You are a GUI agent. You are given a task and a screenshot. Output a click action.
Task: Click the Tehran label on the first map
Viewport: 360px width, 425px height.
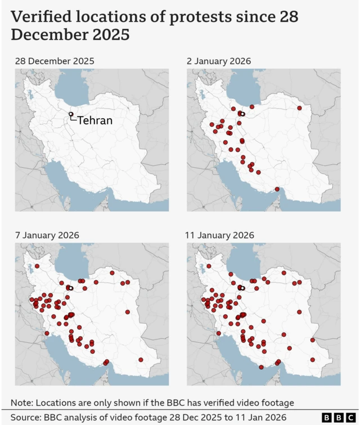click(x=94, y=120)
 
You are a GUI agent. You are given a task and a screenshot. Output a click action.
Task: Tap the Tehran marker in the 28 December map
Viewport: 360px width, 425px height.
click(x=71, y=114)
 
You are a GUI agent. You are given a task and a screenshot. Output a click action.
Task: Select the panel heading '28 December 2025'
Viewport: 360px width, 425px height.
click(x=55, y=61)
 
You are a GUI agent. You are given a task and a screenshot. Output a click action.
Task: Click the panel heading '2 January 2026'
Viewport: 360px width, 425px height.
click(x=219, y=61)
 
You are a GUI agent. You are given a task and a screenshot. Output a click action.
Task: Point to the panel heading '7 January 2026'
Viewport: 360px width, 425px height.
click(x=47, y=235)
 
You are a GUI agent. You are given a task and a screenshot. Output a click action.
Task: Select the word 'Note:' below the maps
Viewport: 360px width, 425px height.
click(x=23, y=402)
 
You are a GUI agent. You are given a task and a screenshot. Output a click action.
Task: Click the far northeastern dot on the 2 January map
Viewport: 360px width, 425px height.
click(x=300, y=108)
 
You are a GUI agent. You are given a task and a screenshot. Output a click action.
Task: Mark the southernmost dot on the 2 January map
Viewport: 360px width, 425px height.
click(x=277, y=189)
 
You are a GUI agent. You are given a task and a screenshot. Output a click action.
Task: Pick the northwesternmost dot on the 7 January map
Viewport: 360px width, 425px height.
click(x=37, y=266)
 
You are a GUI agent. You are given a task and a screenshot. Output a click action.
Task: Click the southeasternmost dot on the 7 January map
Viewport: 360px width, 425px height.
click(x=141, y=360)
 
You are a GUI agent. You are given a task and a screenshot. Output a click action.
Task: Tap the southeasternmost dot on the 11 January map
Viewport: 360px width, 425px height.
click(x=312, y=360)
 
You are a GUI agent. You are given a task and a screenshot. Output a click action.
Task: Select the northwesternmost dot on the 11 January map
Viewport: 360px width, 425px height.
click(x=209, y=266)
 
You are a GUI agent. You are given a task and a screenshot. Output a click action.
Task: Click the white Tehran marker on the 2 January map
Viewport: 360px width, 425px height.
click(x=242, y=114)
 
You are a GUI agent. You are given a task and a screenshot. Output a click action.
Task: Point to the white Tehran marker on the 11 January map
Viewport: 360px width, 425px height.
click(x=242, y=288)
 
